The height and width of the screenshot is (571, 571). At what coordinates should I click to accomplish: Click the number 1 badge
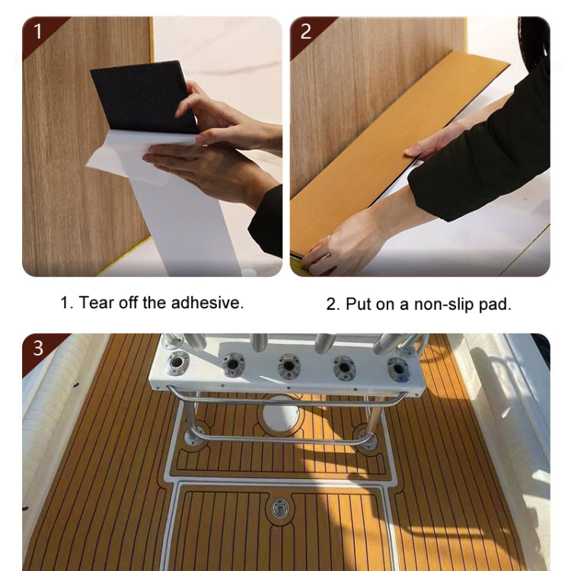pyautogui.click(x=37, y=32)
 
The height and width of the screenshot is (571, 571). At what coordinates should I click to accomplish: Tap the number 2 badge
pyautogui.click(x=305, y=32)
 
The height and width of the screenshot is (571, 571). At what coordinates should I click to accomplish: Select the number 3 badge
pyautogui.click(x=37, y=349)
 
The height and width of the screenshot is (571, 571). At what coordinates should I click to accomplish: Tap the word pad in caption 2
pyautogui.click(x=496, y=305)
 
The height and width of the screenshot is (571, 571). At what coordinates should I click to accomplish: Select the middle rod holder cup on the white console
pyautogui.click(x=289, y=366)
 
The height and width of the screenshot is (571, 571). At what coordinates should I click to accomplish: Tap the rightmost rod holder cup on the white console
pyautogui.click(x=398, y=368)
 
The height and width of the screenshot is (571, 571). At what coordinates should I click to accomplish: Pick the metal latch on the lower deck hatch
pyautogui.click(x=281, y=506)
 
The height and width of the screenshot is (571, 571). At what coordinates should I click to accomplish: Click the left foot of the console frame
pyautogui.click(x=196, y=436)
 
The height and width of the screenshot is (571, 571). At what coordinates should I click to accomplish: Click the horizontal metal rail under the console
pyautogui.click(x=282, y=439)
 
